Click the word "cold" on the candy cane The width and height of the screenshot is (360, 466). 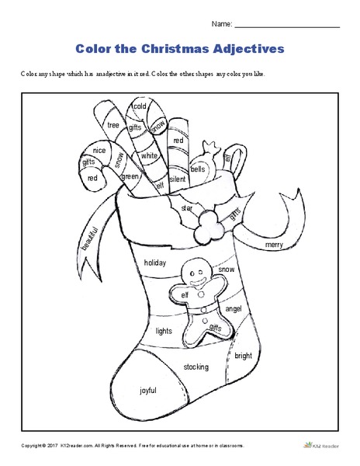point(140,106)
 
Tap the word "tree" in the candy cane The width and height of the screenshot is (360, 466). point(113,124)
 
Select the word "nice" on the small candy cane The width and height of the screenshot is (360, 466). point(99,151)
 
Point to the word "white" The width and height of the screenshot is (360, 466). point(149,155)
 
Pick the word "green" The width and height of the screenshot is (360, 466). point(130,176)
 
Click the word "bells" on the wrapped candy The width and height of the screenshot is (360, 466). point(198,168)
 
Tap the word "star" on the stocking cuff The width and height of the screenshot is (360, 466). point(186,208)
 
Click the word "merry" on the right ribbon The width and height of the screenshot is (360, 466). point(275,244)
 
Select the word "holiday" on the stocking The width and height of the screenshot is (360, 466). point(155,263)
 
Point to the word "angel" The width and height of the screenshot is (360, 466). point(234,308)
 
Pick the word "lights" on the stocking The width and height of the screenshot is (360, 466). point(164,330)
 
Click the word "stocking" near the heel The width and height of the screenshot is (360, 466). point(196,365)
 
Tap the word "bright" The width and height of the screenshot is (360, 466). point(243,356)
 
